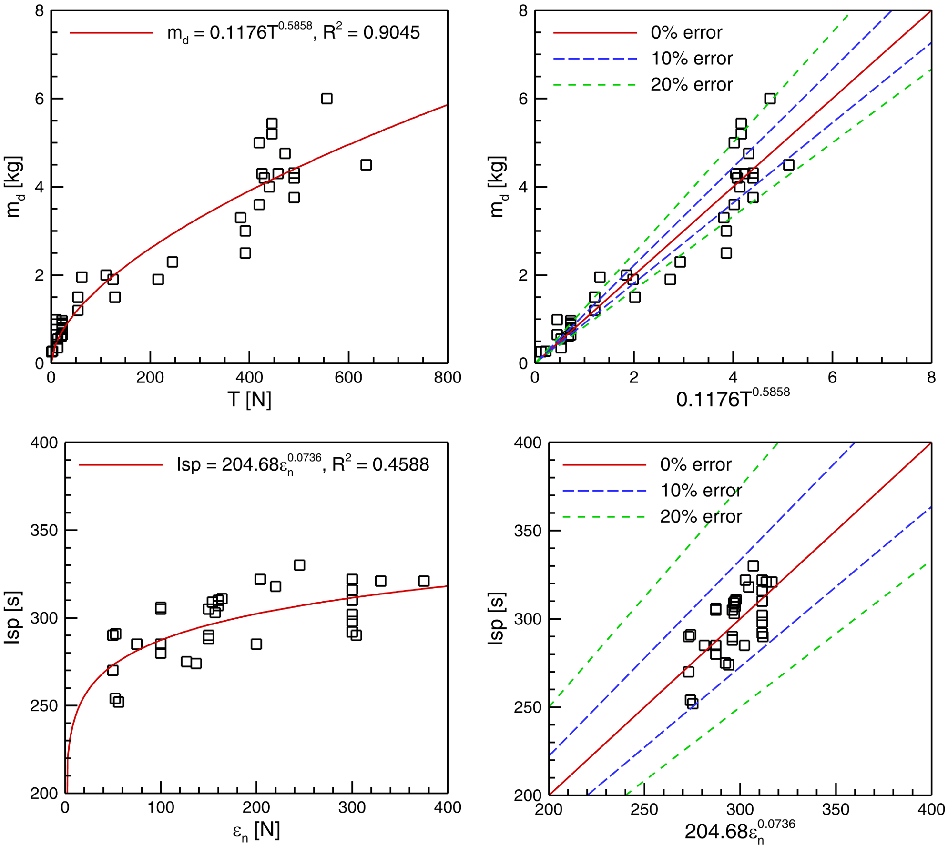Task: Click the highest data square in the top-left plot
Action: [326, 99]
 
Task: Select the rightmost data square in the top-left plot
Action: [366, 165]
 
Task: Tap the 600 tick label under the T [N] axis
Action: [348, 378]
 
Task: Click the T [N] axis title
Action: [249, 399]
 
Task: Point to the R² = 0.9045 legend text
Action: [372, 32]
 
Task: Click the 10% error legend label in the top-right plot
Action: [692, 59]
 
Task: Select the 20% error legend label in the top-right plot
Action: [692, 85]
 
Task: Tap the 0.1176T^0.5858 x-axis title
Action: [733, 398]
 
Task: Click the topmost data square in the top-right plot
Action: [770, 99]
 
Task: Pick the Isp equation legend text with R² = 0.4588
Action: [303, 464]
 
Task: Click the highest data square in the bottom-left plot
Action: [299, 565]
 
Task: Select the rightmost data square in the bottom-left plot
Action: [424, 581]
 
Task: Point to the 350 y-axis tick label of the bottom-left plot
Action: [44, 530]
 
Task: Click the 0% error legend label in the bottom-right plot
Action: [695, 464]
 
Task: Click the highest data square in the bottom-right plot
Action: [753, 566]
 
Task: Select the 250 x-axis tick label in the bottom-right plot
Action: [644, 809]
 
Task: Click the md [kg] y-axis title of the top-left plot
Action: [14, 187]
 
